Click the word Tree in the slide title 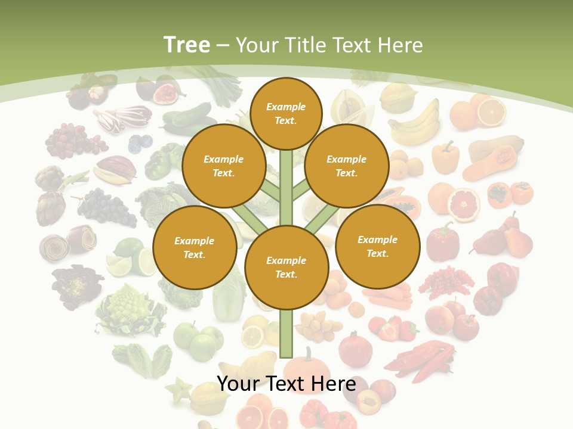187,45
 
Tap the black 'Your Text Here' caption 286,384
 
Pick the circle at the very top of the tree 286,113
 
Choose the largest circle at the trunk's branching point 286,268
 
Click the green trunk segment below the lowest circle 286,334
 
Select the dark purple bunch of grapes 107,206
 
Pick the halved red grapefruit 464,204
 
